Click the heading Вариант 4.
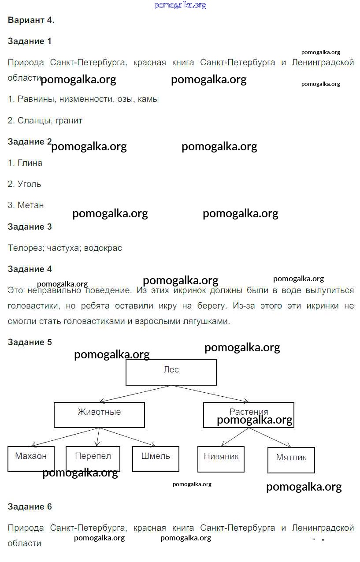click(31, 20)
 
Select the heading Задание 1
click(30, 41)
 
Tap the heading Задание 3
click(30, 227)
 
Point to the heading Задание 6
click(30, 506)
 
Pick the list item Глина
click(30, 163)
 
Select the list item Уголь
click(29, 184)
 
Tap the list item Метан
click(30, 205)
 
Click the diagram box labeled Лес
click(171, 372)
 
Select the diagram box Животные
click(99, 414)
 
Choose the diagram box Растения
click(249, 414)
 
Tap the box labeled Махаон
click(31, 458)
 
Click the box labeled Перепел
click(93, 458)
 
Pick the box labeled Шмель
click(156, 458)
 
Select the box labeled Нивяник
click(221, 459)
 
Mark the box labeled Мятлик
click(291, 460)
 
